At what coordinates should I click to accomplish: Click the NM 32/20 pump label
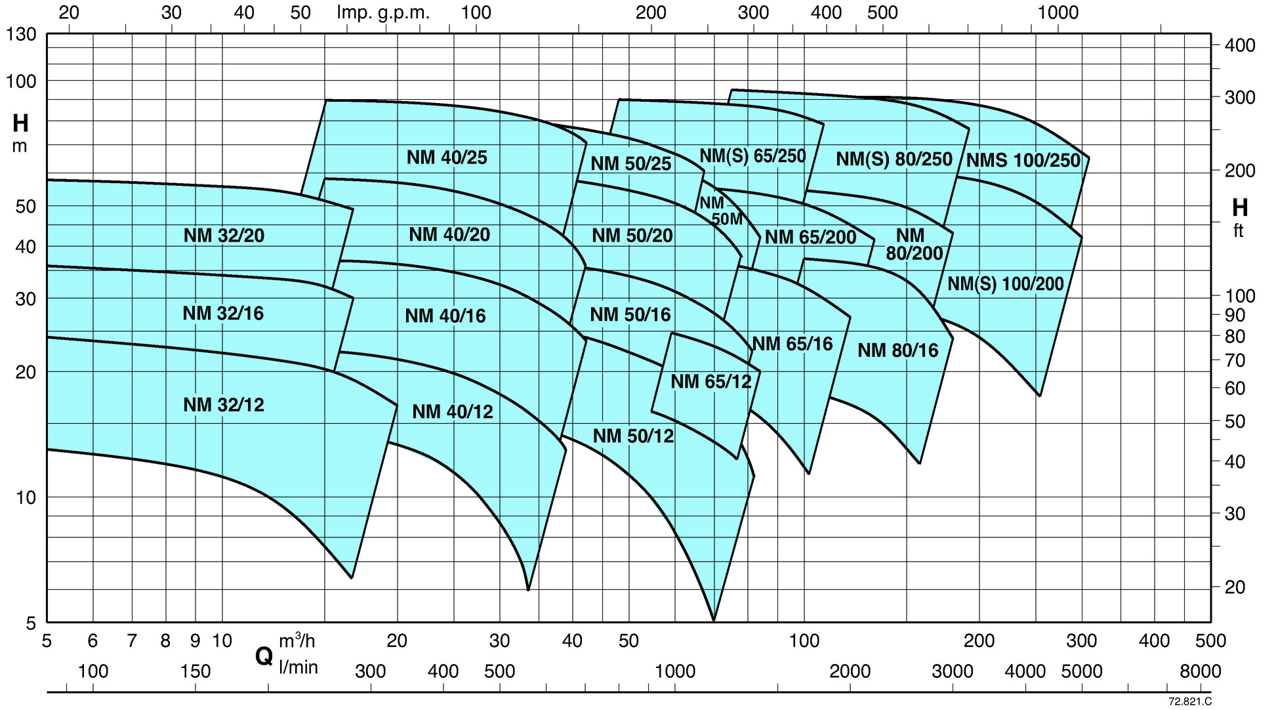click(x=224, y=236)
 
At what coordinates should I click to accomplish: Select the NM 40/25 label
click(x=447, y=157)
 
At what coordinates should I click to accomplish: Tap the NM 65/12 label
click(x=710, y=381)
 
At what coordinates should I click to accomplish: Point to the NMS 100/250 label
click(x=1023, y=160)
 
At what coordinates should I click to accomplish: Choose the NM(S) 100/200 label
click(x=1005, y=284)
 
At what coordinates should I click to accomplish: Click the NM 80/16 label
click(x=897, y=350)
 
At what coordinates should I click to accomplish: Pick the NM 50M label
click(x=720, y=211)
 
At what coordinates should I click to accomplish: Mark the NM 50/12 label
click(x=633, y=436)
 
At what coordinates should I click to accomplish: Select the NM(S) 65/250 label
click(x=752, y=156)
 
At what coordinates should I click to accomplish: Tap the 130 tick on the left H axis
click(x=21, y=34)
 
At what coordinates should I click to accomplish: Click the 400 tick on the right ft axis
click(x=1239, y=45)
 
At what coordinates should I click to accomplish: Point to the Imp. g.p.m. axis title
click(x=383, y=12)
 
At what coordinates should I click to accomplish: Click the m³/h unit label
click(x=297, y=640)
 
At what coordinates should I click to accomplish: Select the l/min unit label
click(x=298, y=667)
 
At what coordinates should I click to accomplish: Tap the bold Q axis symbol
click(x=264, y=655)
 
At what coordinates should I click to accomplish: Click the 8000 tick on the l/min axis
click(x=1200, y=671)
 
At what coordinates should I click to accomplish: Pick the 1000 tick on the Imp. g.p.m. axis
click(x=1058, y=12)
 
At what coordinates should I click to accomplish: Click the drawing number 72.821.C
click(x=1189, y=701)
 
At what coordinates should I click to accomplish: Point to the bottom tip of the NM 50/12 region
click(x=714, y=619)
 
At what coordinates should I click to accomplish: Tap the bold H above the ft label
click(x=1239, y=208)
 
